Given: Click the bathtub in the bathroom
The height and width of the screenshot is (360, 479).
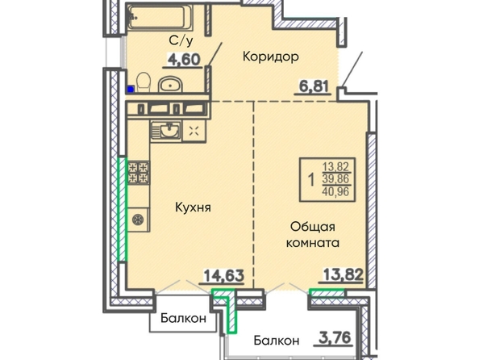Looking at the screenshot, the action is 160,18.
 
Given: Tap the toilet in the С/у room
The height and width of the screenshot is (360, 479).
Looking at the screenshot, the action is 144,82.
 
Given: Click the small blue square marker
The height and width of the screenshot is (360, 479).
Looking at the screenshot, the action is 131,89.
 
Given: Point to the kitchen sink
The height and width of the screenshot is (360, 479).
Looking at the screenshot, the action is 166,131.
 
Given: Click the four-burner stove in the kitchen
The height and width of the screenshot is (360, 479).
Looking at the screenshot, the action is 139,173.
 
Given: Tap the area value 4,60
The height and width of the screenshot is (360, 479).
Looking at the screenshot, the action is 184,60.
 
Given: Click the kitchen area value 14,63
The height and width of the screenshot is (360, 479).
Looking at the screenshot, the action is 224,275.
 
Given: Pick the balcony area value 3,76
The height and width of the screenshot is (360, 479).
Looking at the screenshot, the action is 334,337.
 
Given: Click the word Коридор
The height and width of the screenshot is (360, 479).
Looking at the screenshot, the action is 271,57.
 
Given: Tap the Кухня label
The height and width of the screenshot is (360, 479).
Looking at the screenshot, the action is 193,207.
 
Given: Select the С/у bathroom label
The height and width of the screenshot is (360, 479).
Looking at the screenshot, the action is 181,40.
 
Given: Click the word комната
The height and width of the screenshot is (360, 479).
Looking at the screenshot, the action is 313,243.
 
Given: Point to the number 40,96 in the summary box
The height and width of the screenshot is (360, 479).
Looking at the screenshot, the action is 335,191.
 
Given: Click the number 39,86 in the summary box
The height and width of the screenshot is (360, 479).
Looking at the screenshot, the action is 335,178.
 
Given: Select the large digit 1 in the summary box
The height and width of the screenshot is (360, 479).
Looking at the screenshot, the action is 311,179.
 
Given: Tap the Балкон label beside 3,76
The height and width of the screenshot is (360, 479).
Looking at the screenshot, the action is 277,341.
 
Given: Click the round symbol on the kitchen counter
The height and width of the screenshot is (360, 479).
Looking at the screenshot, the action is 138,220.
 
